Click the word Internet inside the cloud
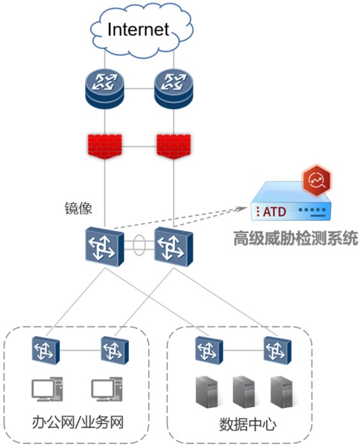click(x=138, y=29)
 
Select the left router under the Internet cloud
click(x=105, y=88)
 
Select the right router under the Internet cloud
click(x=174, y=88)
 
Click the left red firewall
click(x=105, y=146)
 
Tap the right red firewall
click(x=174, y=146)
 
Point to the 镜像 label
click(x=79, y=208)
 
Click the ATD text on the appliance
click(x=274, y=212)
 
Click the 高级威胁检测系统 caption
click(x=296, y=238)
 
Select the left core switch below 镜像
click(x=105, y=247)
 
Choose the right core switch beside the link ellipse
click(x=174, y=247)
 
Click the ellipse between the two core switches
click(x=139, y=245)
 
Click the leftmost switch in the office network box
click(x=46, y=350)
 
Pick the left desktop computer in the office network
click(x=47, y=389)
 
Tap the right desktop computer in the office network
click(x=107, y=389)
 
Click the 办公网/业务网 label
click(x=78, y=422)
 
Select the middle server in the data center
click(x=244, y=392)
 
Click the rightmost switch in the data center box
click(x=278, y=350)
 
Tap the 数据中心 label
click(x=248, y=425)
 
